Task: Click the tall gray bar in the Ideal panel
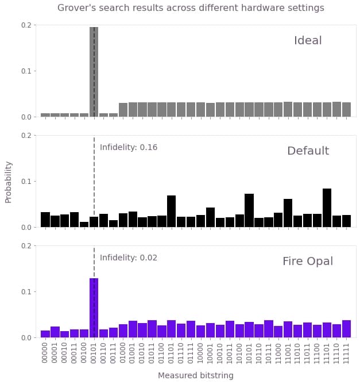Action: [94, 72]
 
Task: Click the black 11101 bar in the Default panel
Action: [327, 208]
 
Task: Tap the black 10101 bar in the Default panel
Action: [249, 210]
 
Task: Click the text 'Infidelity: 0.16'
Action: [129, 148]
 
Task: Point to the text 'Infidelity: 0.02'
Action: [129, 258]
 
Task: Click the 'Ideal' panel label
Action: [308, 41]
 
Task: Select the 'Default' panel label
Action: [308, 151]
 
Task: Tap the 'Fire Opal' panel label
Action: [308, 262]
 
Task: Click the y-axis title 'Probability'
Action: [9, 182]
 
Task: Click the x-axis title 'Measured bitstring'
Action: [195, 375]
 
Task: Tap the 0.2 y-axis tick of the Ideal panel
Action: [26, 25]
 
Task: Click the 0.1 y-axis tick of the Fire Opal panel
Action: [26, 291]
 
